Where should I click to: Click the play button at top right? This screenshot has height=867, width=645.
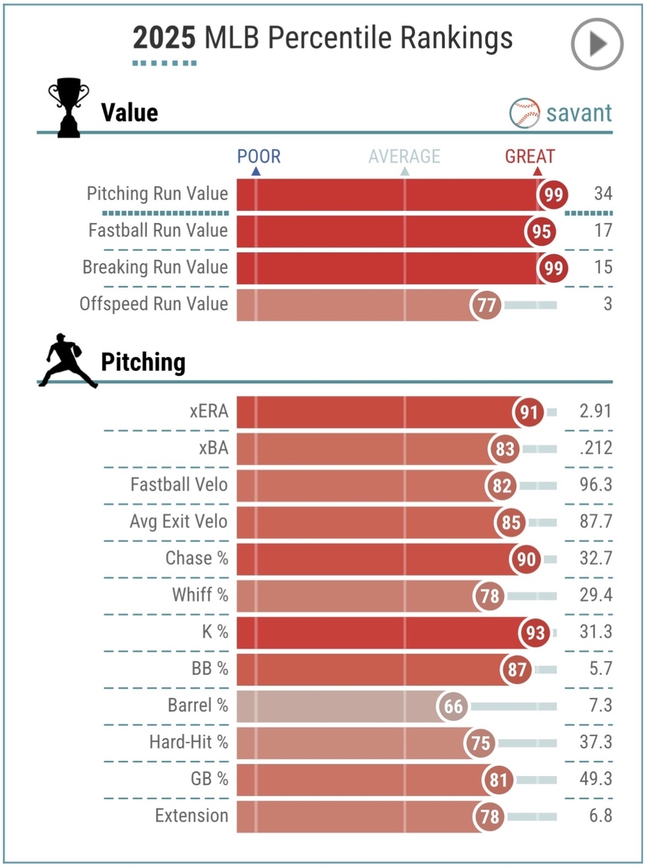click(597, 44)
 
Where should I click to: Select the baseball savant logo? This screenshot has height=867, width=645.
click(561, 113)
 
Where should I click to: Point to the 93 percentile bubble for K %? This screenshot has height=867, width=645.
click(534, 632)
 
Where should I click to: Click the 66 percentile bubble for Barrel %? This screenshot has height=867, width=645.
click(453, 706)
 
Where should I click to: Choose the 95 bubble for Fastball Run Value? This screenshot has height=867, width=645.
click(541, 231)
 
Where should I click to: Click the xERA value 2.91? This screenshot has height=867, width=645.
click(595, 412)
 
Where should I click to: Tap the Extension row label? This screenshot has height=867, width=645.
click(192, 816)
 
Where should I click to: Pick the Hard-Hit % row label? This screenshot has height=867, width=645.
click(189, 743)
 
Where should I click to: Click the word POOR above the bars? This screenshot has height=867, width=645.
click(259, 156)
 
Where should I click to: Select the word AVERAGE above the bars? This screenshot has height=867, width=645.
click(404, 156)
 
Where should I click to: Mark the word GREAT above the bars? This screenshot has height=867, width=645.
click(530, 156)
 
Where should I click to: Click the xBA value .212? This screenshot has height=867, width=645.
click(596, 448)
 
